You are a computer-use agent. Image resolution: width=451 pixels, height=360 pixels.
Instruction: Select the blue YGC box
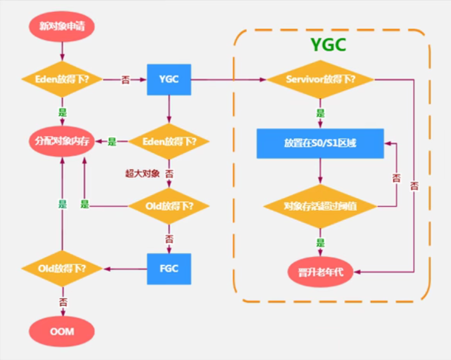[169, 79]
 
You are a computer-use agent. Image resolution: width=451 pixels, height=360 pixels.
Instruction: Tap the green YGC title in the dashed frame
[328, 45]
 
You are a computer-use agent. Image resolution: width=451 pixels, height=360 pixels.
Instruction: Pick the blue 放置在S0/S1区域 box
[320, 143]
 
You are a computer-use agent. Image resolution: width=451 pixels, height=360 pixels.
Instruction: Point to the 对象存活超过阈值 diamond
[320, 206]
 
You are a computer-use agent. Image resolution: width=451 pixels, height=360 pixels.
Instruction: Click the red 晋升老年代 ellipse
[320, 272]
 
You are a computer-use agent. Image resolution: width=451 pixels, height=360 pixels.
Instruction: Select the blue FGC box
[169, 268]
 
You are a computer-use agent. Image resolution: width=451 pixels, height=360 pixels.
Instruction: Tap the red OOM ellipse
[62, 331]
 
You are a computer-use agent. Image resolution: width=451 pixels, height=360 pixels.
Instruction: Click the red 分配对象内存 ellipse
[62, 141]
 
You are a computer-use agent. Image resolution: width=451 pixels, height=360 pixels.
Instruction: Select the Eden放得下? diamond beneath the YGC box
[169, 141]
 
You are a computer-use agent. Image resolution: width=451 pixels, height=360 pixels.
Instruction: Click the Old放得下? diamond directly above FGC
[169, 206]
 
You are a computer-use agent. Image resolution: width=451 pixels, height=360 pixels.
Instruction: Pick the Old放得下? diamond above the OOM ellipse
[62, 268]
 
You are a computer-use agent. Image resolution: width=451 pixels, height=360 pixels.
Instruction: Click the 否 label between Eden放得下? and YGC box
[126, 80]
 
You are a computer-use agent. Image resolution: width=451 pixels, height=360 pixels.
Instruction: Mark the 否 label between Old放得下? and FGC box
[169, 238]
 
